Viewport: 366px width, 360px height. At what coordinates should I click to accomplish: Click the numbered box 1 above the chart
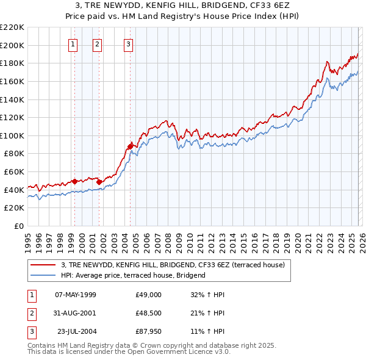point(73,43)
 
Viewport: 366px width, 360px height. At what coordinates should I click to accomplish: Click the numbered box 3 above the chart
point(129,43)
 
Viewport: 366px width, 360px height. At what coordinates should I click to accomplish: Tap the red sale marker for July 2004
point(130,146)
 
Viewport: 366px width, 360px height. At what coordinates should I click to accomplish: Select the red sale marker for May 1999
point(74,181)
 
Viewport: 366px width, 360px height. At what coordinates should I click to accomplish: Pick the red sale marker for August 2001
point(99,182)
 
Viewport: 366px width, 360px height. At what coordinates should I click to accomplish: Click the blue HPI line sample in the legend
point(43,275)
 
